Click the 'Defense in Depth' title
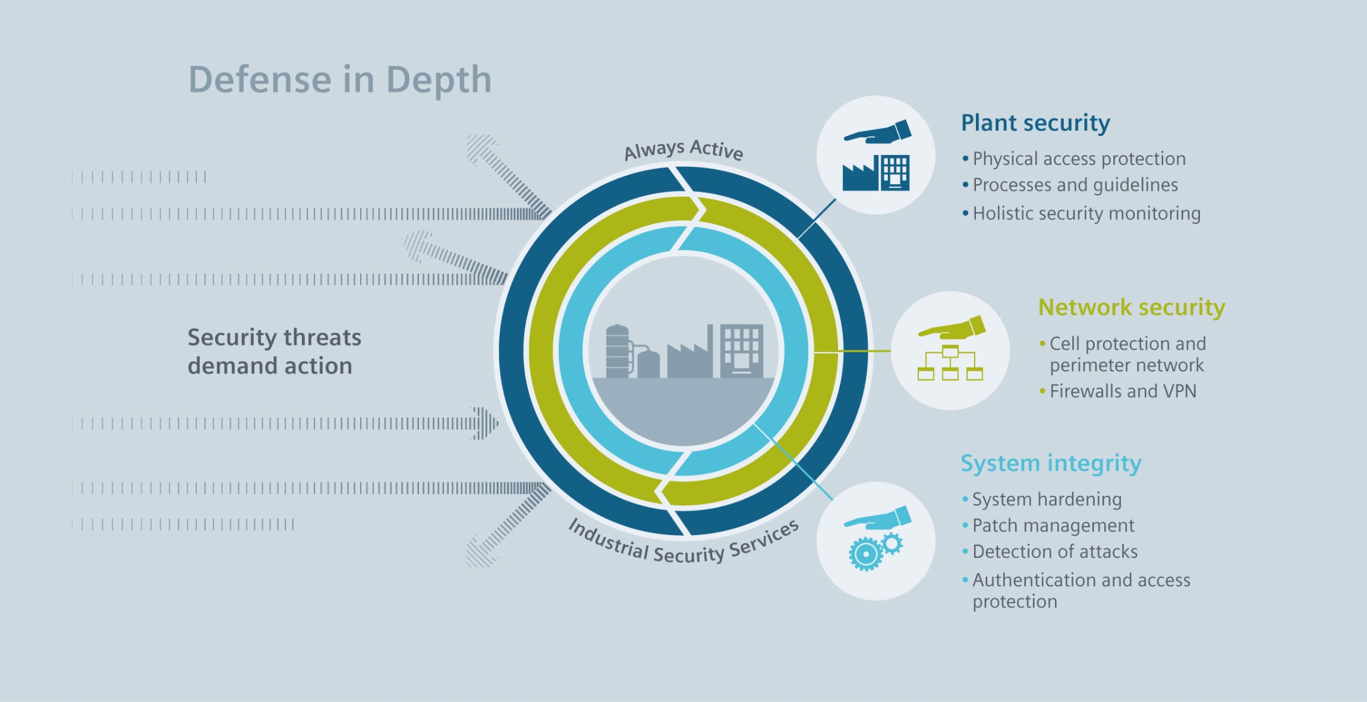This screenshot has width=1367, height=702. coord(340,80)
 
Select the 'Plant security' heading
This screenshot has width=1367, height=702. coord(1035,123)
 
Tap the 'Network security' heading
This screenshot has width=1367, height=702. coord(1132,307)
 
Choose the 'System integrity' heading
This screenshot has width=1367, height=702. coord(1051,464)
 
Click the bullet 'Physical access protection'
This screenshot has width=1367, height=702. coord(1079,159)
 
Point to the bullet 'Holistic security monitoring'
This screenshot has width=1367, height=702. coord(1086,214)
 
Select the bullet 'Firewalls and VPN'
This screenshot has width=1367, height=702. coord(1123,391)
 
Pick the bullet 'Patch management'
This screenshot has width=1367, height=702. coord(1053,526)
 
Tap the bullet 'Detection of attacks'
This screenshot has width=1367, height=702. coord(1055,552)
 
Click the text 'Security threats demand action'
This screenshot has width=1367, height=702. coord(274,352)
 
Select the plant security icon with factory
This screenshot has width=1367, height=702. coord(876,172)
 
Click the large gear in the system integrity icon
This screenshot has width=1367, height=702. coord(865,554)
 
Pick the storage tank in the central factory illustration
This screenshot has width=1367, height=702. coord(618,352)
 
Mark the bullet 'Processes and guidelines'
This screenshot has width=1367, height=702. coord(1075,185)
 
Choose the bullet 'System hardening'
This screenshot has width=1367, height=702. coord(1047,500)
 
